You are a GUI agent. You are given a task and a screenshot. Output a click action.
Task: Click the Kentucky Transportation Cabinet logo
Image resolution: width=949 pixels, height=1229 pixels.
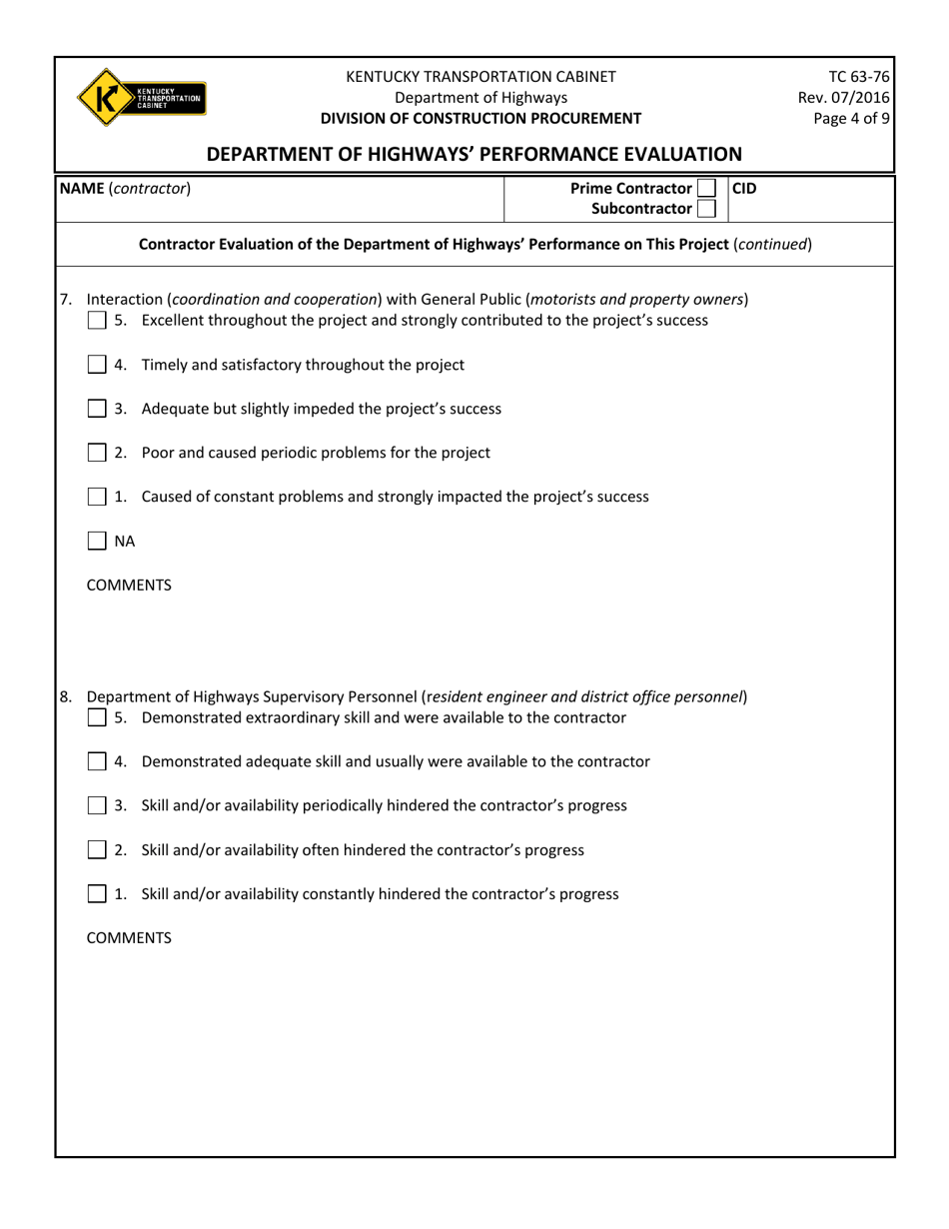pyautogui.click(x=141, y=97)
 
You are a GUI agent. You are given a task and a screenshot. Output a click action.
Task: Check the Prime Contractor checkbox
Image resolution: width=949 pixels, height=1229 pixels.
pyautogui.click(x=705, y=188)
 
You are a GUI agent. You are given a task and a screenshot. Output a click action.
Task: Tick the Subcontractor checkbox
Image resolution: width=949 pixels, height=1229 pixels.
pyautogui.click(x=705, y=208)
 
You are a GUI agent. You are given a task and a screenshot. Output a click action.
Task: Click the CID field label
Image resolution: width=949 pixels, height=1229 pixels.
pyautogui.click(x=745, y=188)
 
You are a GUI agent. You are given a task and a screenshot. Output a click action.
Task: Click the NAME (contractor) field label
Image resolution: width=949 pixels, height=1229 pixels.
pyautogui.click(x=125, y=188)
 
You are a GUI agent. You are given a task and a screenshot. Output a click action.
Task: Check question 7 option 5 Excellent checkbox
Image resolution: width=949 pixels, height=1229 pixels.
pyautogui.click(x=97, y=321)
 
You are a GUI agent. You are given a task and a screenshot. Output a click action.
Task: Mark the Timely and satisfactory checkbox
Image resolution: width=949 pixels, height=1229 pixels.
pyautogui.click(x=97, y=365)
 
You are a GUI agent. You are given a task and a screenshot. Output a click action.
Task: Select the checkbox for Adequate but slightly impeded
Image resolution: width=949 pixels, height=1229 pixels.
pyautogui.click(x=97, y=409)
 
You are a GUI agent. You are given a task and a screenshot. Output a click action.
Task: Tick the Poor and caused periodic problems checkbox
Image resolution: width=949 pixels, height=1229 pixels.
pyautogui.click(x=97, y=453)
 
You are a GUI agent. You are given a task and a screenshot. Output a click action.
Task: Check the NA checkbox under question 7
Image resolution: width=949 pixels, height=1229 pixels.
pyautogui.click(x=97, y=542)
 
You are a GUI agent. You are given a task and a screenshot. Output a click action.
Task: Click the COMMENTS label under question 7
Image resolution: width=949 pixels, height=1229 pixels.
pyautogui.click(x=129, y=586)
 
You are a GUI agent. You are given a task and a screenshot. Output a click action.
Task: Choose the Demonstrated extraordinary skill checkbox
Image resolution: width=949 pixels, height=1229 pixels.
pyautogui.click(x=97, y=717)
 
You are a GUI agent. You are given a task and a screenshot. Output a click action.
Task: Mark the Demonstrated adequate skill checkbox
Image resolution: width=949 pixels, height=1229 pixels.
pyautogui.click(x=97, y=761)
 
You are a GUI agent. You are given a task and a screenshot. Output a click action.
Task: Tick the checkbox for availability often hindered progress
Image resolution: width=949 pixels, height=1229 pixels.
pyautogui.click(x=97, y=850)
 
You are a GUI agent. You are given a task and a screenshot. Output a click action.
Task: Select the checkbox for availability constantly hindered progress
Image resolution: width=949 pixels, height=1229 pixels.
pyautogui.click(x=97, y=894)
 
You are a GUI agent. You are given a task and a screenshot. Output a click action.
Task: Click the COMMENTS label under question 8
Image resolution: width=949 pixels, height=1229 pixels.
pyautogui.click(x=129, y=938)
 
